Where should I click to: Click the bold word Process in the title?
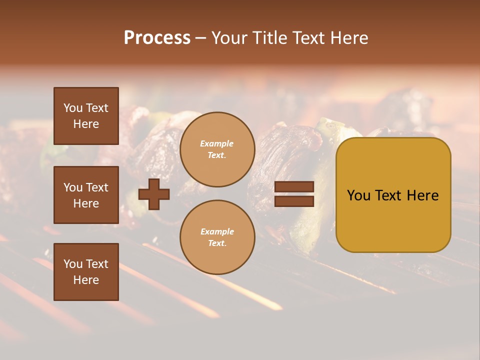157,38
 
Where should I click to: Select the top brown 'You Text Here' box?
86,116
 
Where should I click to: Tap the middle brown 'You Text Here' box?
86,195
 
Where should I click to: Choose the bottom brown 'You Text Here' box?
86,271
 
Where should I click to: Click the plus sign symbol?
154,194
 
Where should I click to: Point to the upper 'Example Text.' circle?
217,149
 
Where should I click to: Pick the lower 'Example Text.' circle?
217,237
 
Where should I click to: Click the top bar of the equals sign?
294,187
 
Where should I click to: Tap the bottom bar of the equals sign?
294,201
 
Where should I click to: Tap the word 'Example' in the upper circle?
217,143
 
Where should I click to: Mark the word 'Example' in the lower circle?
217,231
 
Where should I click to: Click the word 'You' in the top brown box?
73,108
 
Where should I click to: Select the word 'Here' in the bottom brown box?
86,280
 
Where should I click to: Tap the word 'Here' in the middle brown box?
86,203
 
